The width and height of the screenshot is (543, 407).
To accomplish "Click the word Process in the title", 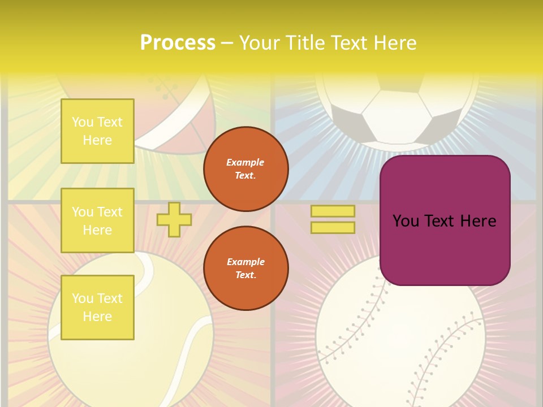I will [178, 43].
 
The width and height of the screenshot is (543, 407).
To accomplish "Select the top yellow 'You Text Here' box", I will [97, 131].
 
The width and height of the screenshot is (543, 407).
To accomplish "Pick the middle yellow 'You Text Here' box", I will [97, 220].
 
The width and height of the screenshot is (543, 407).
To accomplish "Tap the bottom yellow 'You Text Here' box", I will [97, 308].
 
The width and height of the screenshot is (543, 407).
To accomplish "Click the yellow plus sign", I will [174, 220].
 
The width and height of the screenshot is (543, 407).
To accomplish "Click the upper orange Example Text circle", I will [245, 168].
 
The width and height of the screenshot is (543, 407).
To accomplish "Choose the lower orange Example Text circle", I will [245, 268].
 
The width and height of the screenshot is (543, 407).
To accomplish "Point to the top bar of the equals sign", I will [333, 211].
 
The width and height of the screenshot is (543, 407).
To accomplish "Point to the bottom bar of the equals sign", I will [333, 227].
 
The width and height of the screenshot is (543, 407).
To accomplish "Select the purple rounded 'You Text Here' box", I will [445, 220].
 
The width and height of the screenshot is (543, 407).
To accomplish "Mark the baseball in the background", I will [396, 350].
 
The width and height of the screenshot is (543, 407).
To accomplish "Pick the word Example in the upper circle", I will [245, 162].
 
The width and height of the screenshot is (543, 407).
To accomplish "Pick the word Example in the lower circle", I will [245, 262].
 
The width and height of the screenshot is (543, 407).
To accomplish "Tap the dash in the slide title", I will [227, 43].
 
